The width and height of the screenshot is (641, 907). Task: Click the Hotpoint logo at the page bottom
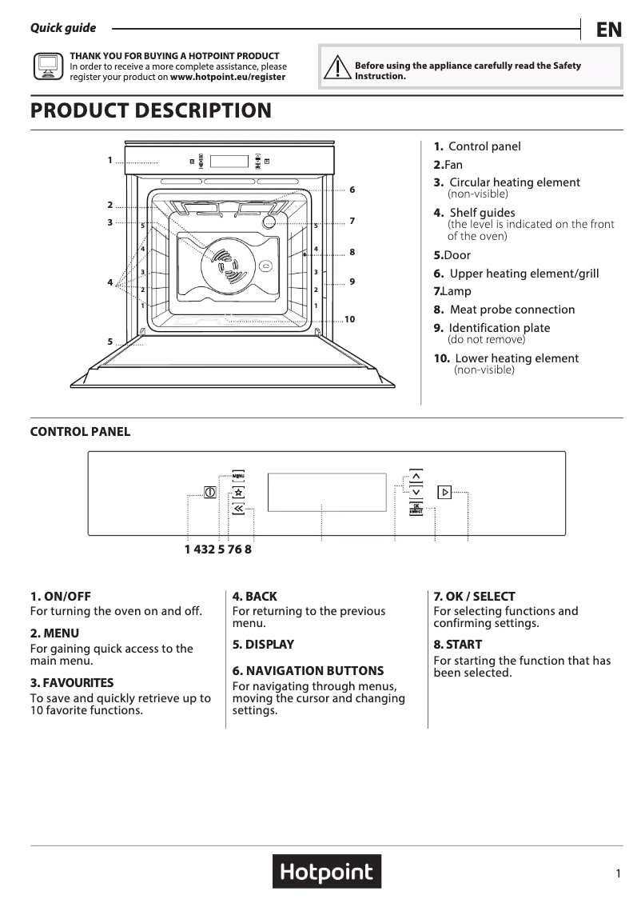327,872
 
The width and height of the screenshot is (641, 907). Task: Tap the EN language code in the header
608,30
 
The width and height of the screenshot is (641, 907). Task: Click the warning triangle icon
339,67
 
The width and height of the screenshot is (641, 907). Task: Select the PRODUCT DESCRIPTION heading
151,110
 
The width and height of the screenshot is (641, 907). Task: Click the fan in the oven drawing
222,263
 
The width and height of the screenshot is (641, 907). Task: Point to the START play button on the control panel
444,492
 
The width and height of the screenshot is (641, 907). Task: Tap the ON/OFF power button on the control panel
209,492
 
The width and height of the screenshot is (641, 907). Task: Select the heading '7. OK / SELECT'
474,596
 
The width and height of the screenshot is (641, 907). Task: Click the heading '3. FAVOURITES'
72,683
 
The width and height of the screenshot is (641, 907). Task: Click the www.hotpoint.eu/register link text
228,78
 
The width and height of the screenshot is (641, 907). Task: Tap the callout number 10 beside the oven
349,319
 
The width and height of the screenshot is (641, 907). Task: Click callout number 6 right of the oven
352,190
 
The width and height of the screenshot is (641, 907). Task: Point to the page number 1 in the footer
618,874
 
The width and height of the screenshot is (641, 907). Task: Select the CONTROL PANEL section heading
80,432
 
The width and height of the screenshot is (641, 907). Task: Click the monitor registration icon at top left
47,66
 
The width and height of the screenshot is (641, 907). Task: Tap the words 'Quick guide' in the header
63,28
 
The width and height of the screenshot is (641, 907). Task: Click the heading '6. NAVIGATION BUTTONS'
308,670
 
